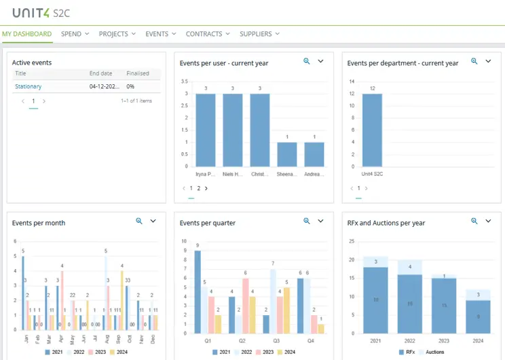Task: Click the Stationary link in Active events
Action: point(29,86)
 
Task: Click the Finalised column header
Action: point(138,73)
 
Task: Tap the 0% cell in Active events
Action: point(130,86)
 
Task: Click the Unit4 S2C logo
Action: point(41,12)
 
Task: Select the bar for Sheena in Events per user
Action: point(287,154)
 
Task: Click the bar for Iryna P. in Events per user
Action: point(206,130)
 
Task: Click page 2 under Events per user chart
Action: point(198,188)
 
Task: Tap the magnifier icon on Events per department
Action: point(474,61)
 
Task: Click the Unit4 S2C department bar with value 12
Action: point(372,130)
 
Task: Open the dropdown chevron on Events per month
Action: point(153,221)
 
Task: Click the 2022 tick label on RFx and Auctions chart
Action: point(410,340)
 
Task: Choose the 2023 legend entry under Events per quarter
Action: point(265,352)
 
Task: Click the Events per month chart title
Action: point(39,223)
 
